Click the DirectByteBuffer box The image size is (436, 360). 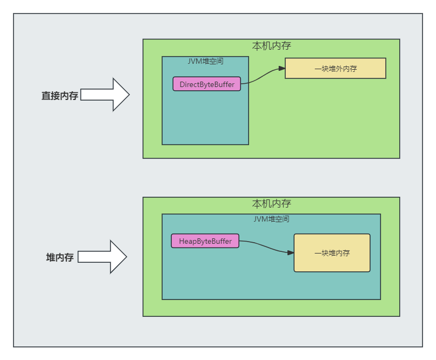click(x=206, y=84)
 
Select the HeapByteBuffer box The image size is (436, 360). click(x=205, y=241)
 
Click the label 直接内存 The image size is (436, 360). click(x=60, y=96)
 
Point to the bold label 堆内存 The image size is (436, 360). click(x=60, y=257)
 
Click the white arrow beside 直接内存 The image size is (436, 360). click(x=105, y=95)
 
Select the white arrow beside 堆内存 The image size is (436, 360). click(x=102, y=257)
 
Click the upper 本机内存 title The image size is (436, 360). click(x=272, y=46)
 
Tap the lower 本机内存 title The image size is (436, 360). click(x=272, y=204)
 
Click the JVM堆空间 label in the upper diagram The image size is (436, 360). click(x=205, y=61)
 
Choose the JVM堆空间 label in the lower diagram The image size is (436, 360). click(x=271, y=219)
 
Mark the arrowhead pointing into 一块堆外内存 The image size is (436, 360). click(x=281, y=69)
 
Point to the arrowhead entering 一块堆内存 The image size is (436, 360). click(x=291, y=252)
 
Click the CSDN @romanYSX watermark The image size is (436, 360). click(x=396, y=351)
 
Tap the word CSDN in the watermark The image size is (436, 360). click(x=374, y=351)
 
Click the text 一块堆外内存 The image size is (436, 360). click(x=336, y=69)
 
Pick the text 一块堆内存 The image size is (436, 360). click(x=332, y=253)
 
